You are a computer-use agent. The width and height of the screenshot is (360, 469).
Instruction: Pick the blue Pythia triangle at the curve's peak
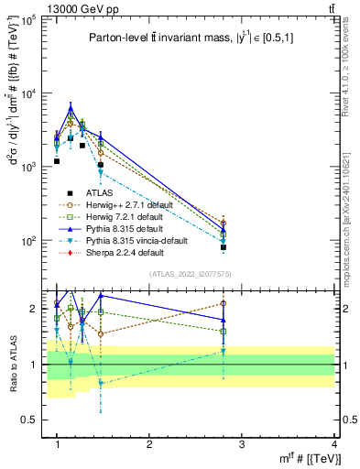71,108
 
